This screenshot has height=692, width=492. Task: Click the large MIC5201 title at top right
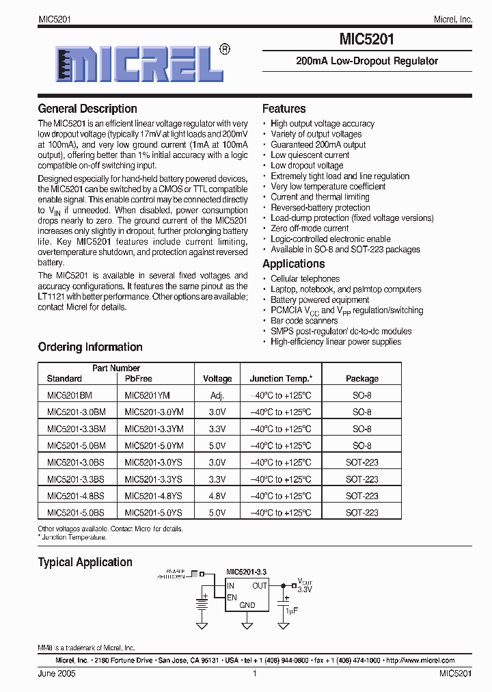point(366,40)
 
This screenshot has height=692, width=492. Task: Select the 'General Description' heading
point(87,109)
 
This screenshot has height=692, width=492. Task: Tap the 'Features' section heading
point(284,109)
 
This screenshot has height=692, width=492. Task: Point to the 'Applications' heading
point(293,264)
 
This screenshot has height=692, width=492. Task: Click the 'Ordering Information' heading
point(90,347)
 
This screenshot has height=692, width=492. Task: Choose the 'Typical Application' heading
point(85,562)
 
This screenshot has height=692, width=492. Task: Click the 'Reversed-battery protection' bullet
point(320,207)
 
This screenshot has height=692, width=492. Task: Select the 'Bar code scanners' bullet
point(304,321)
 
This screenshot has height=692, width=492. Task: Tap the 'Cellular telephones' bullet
point(305,279)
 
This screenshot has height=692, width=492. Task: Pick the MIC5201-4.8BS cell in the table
point(76,496)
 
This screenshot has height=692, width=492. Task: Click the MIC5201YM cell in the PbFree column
point(147,395)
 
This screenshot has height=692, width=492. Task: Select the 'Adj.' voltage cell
point(217,395)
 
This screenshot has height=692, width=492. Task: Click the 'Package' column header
point(361,379)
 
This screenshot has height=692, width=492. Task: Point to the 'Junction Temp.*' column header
point(281,379)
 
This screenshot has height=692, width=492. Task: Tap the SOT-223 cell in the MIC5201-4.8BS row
point(361,496)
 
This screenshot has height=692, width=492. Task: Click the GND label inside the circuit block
point(247,605)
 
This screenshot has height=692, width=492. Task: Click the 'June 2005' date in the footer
point(57,674)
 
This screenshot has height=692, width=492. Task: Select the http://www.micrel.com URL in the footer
point(420,661)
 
